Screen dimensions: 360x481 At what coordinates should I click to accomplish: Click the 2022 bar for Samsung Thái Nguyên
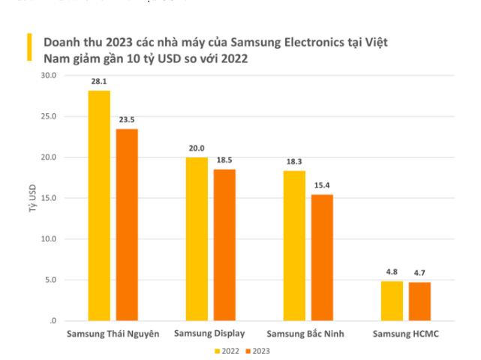pos(99,205)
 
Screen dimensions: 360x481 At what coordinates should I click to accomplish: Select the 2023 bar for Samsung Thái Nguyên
pos(127,225)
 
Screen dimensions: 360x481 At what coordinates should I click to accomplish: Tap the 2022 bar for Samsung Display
pos(197,238)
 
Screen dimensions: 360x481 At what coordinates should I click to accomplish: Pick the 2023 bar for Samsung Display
pos(224,245)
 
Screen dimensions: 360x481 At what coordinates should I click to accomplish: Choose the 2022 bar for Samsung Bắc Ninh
pos(294,246)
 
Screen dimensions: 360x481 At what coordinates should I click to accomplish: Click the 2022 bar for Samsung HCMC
pos(392,301)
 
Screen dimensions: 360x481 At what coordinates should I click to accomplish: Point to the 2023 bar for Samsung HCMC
pos(419,301)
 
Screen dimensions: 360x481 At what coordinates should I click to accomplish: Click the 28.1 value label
pos(99,82)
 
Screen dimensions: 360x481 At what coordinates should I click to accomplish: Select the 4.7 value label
pos(419,273)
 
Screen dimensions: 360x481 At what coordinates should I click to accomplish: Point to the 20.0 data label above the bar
pos(197,148)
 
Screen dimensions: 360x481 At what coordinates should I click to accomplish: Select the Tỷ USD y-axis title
pos(32,198)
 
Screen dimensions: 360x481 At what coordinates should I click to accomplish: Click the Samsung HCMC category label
pos(405,334)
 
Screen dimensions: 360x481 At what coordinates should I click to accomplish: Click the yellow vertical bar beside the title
pos(29,46)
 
